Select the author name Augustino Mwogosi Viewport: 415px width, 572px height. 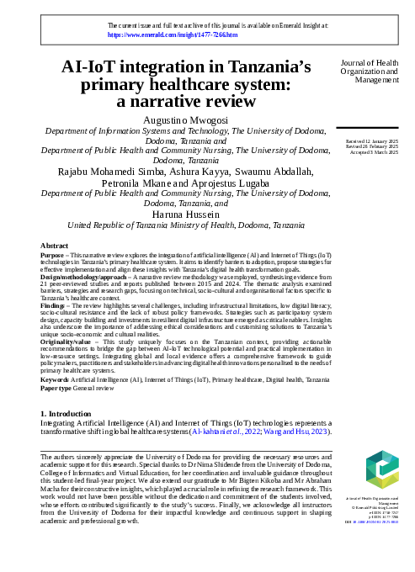click(x=185, y=121)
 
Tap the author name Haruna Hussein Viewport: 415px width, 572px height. click(x=185, y=214)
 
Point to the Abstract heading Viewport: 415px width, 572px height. click(x=55, y=246)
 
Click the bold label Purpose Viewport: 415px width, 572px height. click(x=53, y=255)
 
